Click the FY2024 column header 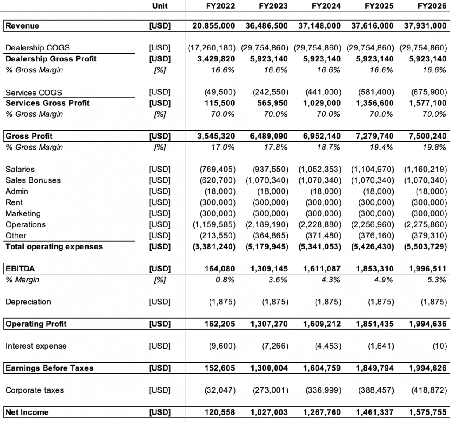tap(326, 6)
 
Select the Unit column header tap(160, 6)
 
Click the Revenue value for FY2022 tap(214, 26)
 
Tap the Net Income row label tap(27, 412)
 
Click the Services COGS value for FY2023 tap(271, 92)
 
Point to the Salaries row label tap(20, 170)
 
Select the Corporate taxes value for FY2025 tap(376, 390)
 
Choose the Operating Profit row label tap(36, 324)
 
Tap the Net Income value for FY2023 tap(269, 412)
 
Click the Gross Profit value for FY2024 tap(322, 136)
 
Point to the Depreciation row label tap(28, 302)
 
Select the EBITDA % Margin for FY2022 tap(226, 280)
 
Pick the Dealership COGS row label tap(38, 48)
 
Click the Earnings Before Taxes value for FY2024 tap(322, 368)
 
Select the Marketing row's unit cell tap(160, 214)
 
